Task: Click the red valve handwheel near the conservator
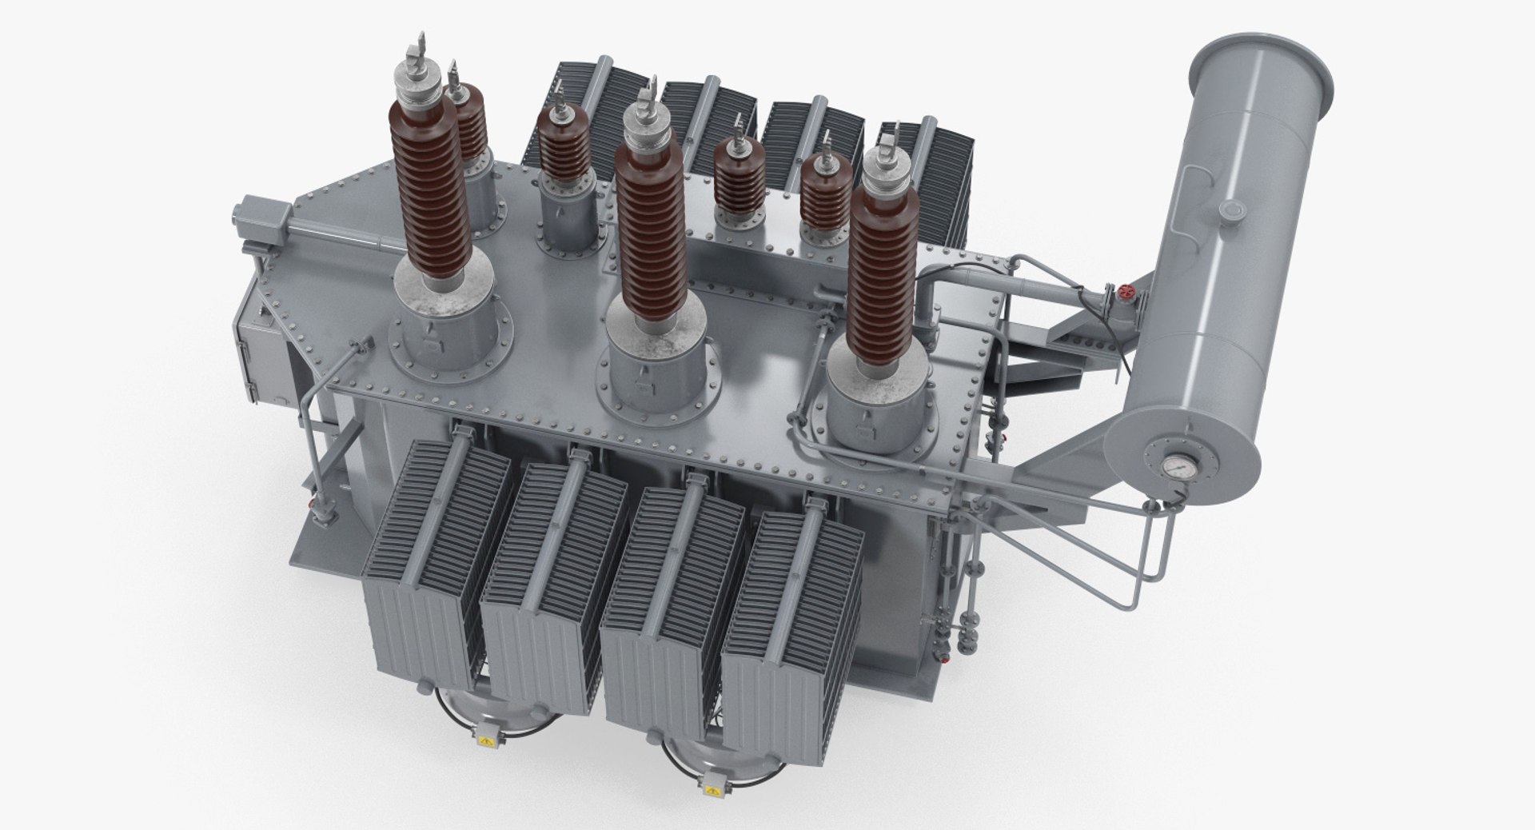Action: [1128, 293]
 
